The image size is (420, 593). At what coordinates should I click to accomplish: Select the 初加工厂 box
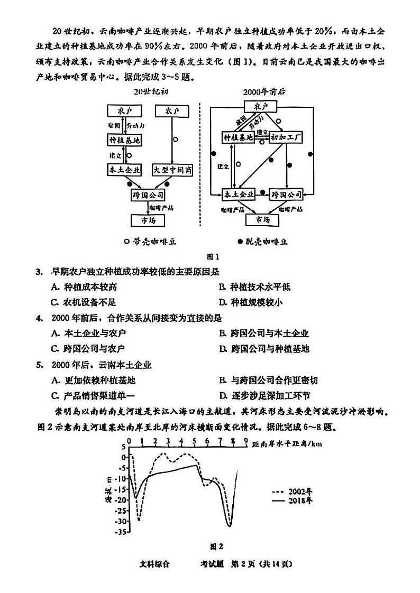(286, 138)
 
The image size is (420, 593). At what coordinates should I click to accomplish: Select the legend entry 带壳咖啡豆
(150, 242)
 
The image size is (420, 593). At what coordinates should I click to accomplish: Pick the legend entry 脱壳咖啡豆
(263, 242)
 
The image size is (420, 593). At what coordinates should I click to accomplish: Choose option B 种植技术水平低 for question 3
(254, 287)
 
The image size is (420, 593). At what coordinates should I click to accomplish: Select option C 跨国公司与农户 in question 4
(88, 348)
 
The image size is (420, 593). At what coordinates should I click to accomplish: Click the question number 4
(39, 318)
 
